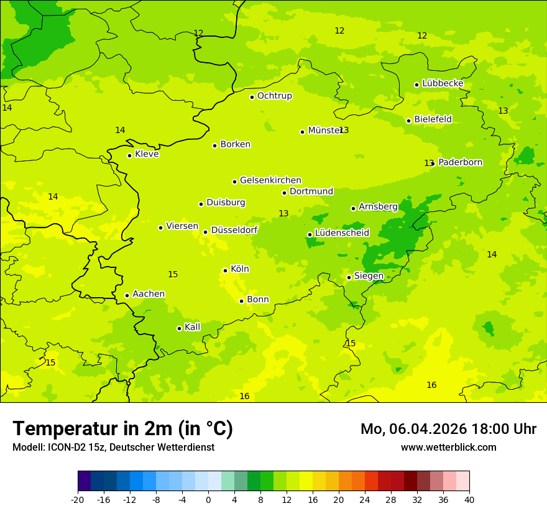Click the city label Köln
click(240, 269)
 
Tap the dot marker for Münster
click(303, 132)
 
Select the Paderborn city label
click(460, 162)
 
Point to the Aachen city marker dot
click(127, 295)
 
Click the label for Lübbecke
click(443, 83)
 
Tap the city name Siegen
click(369, 276)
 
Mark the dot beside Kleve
click(130, 155)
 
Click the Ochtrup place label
click(274, 96)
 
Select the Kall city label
click(192, 327)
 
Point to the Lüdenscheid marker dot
click(310, 234)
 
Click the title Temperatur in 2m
click(122, 429)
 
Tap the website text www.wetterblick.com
click(448, 448)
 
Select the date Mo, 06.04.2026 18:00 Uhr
click(448, 429)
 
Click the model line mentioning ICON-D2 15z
click(113, 448)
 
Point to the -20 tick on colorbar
click(78, 500)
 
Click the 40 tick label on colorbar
click(469, 500)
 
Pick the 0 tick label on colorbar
click(208, 500)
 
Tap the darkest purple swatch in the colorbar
click(84, 481)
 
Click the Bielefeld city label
click(433, 119)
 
